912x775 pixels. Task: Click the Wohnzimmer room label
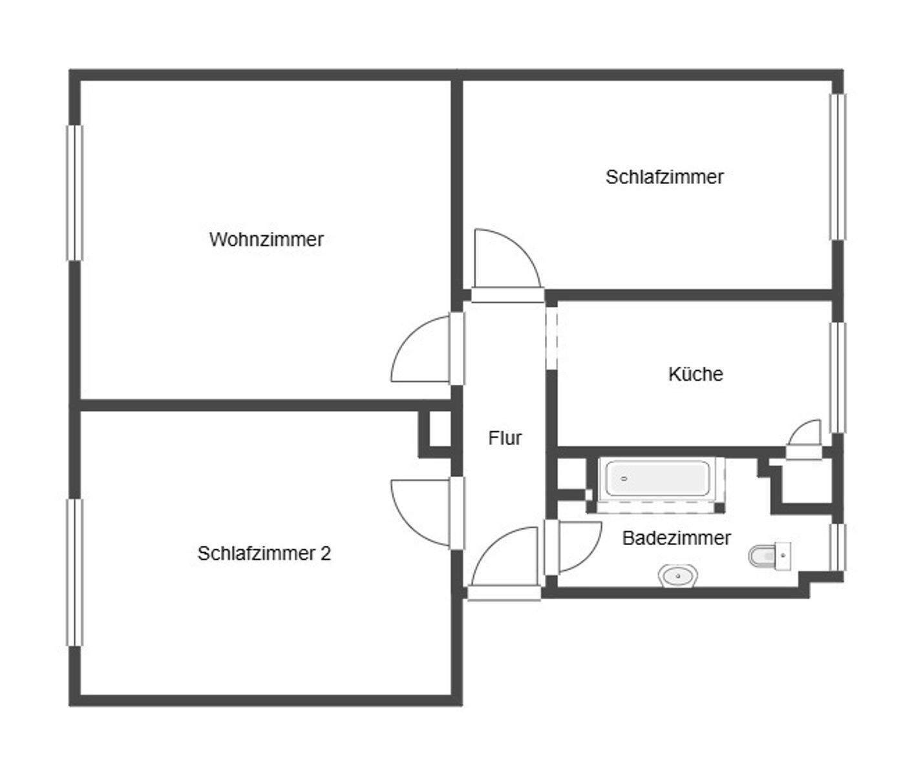266,240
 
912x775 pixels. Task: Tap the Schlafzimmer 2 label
264,553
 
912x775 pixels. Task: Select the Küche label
695,374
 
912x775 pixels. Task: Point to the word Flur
505,438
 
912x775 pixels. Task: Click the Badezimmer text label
676,537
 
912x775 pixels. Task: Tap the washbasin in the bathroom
677,574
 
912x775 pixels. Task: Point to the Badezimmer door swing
575,546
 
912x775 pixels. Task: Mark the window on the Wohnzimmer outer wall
75,192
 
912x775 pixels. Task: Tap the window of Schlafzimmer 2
76,572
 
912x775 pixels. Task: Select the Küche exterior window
837,377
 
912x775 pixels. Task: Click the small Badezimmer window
838,547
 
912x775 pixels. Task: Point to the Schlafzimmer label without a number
664,177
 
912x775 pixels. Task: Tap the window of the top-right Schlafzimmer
838,167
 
